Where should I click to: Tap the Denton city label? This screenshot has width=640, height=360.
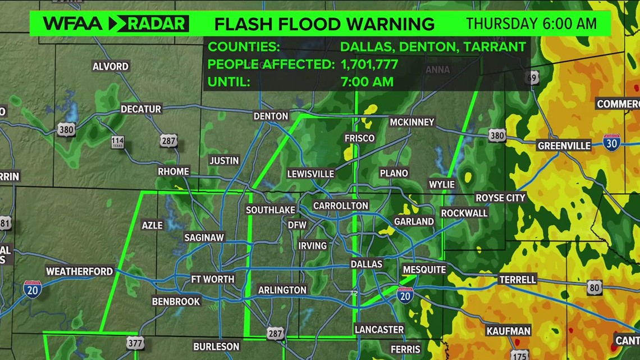pyautogui.click(x=271, y=116)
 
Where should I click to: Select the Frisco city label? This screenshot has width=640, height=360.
pyautogui.click(x=359, y=138)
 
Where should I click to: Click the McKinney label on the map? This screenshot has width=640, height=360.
pyautogui.click(x=412, y=122)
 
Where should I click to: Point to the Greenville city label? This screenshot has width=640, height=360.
pyautogui.click(x=564, y=146)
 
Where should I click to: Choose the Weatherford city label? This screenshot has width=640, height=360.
pyautogui.click(x=79, y=271)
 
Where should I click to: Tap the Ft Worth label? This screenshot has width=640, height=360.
pyautogui.click(x=213, y=279)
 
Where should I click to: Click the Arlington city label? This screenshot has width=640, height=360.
pyautogui.click(x=282, y=290)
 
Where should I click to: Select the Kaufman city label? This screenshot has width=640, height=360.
pyautogui.click(x=508, y=331)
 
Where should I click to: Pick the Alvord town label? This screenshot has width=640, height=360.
pyautogui.click(x=111, y=67)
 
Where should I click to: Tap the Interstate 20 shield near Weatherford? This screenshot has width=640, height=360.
pyautogui.click(x=32, y=288)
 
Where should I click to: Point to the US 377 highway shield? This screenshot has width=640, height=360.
pyautogui.click(x=135, y=343)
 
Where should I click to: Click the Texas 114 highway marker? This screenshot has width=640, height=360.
pyautogui.click(x=117, y=143)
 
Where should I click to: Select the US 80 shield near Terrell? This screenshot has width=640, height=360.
pyautogui.click(x=595, y=288)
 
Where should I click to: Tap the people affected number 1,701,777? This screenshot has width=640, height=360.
pyautogui.click(x=369, y=64)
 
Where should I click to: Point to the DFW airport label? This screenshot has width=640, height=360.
pyautogui.click(x=297, y=225)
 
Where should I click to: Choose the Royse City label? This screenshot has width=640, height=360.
pyautogui.click(x=500, y=198)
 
